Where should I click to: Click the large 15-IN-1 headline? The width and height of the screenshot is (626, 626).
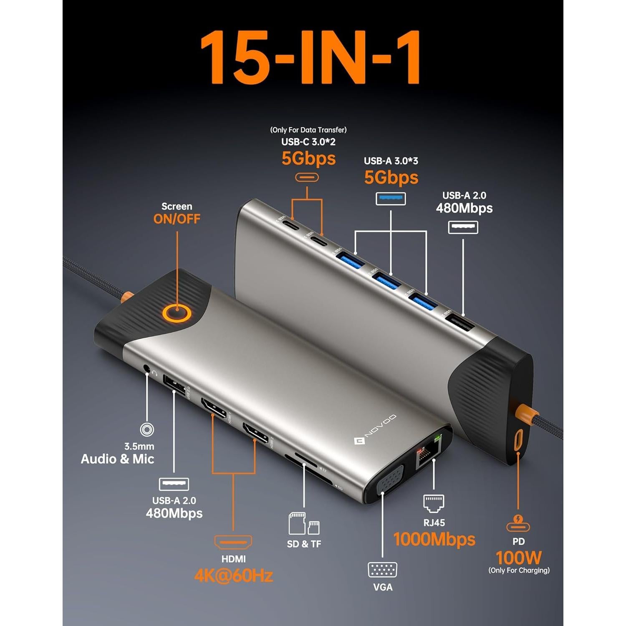[x=311, y=58]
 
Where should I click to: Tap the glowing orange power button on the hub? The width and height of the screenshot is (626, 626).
[x=177, y=313]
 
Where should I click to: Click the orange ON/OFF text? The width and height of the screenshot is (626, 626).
[x=177, y=219]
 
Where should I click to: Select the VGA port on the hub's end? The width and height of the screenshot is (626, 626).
[x=390, y=480]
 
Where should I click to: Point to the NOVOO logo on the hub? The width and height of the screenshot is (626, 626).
[x=375, y=430]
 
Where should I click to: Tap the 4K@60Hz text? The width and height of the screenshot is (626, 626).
[x=233, y=576]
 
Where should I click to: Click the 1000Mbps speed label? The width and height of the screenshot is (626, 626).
[x=434, y=539]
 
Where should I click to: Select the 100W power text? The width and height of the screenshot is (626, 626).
[x=518, y=558]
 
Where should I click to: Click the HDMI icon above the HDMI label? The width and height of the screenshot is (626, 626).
[x=233, y=542]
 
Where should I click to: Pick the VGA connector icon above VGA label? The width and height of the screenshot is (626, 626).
[x=382, y=570]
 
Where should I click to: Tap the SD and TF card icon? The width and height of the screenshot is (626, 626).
[x=304, y=524]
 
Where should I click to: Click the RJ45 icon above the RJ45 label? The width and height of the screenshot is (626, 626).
[x=434, y=503]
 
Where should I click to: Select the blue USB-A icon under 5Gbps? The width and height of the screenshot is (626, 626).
[x=391, y=199]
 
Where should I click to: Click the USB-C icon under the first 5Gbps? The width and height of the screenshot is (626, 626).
[x=307, y=177]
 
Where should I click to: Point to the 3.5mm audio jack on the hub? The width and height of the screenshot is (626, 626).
[x=146, y=369]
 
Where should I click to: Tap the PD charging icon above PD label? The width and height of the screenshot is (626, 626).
[x=518, y=523]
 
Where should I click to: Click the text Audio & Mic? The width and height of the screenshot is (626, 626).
[x=117, y=459]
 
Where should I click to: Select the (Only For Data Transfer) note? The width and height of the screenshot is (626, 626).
[x=308, y=130]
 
